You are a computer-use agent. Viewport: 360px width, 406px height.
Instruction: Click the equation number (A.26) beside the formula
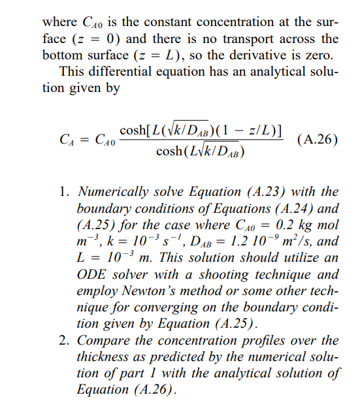click(x=317, y=139)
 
